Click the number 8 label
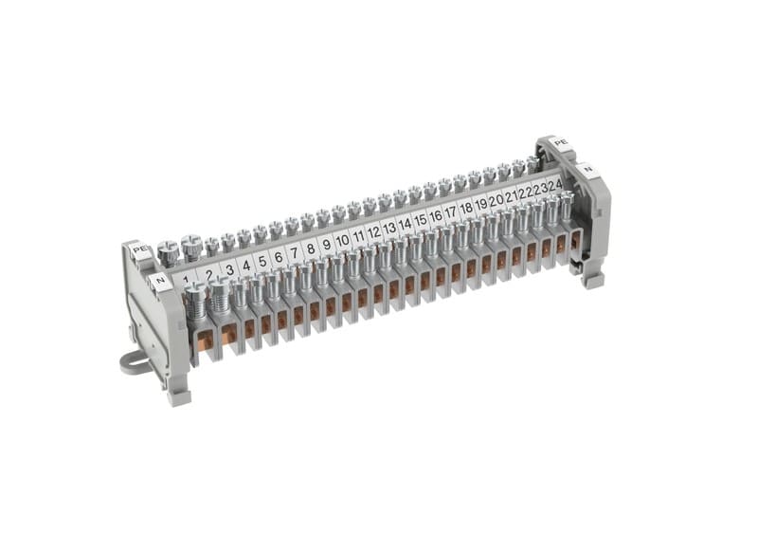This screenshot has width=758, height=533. pyautogui.click(x=311, y=248)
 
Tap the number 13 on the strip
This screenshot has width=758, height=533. pyautogui.click(x=389, y=227)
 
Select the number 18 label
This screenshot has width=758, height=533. pyautogui.click(x=466, y=209)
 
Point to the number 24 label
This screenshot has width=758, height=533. pyautogui.click(x=555, y=185)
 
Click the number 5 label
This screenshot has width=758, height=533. pyautogui.click(x=262, y=261)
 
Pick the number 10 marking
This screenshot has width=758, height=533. pyautogui.click(x=342, y=240)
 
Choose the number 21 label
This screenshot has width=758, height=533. pyautogui.click(x=511, y=196)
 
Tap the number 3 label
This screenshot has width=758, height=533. pyautogui.click(x=230, y=270)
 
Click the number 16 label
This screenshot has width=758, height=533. pyautogui.click(x=436, y=215)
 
